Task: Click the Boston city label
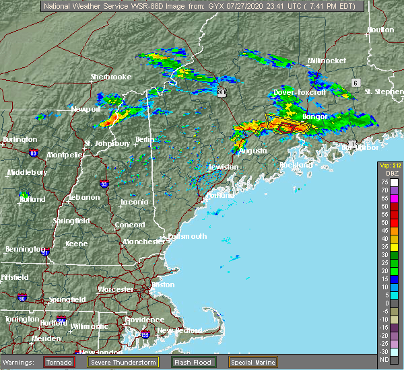164,285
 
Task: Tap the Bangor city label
315,116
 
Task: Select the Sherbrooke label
111,77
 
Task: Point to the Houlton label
380,30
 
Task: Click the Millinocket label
327,61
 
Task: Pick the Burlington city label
20,139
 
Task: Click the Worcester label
116,289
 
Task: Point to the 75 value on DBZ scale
384,182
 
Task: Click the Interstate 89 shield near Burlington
33,153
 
